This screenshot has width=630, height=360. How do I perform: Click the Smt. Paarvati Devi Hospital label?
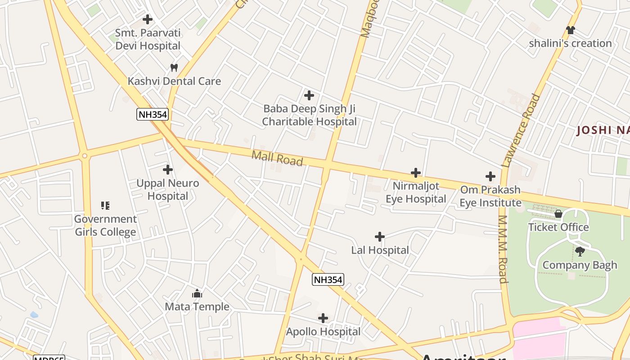pyautogui.click(x=148, y=39)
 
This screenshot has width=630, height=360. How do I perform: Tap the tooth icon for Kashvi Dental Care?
pyautogui.click(x=174, y=68)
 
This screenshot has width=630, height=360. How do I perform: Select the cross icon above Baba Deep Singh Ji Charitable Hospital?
pyautogui.click(x=309, y=95)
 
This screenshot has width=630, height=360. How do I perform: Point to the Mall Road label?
pyautogui.click(x=277, y=158)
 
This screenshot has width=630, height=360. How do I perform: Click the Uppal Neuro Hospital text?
pyautogui.click(x=168, y=189)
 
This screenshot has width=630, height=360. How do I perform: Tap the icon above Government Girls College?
pyautogui.click(x=105, y=206)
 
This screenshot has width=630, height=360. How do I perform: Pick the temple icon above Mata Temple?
pyautogui.click(x=197, y=294)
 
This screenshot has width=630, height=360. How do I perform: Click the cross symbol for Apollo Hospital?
pyautogui.click(x=323, y=319)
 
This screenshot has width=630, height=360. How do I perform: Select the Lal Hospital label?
pyautogui.click(x=380, y=250)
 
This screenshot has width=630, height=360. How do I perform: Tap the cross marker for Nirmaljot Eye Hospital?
pyautogui.click(x=416, y=173)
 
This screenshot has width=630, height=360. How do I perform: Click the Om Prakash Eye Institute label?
pyautogui.click(x=490, y=196)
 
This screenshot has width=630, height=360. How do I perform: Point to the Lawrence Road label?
pyautogui.click(x=521, y=130)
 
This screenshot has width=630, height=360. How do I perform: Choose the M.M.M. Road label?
pyautogui.click(x=503, y=249)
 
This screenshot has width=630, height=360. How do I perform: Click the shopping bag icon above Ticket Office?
pyautogui.click(x=558, y=214)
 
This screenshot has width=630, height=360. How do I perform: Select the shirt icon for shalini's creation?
pyautogui.click(x=571, y=30)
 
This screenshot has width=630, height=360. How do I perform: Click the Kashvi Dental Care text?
pyautogui.click(x=175, y=81)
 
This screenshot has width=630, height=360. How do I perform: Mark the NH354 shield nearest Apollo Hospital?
pyautogui.click(x=328, y=280)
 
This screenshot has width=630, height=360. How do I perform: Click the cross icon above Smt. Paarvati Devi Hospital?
pyautogui.click(x=147, y=19)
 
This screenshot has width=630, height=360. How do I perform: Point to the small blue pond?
pyautogui.click(x=34, y=315)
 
